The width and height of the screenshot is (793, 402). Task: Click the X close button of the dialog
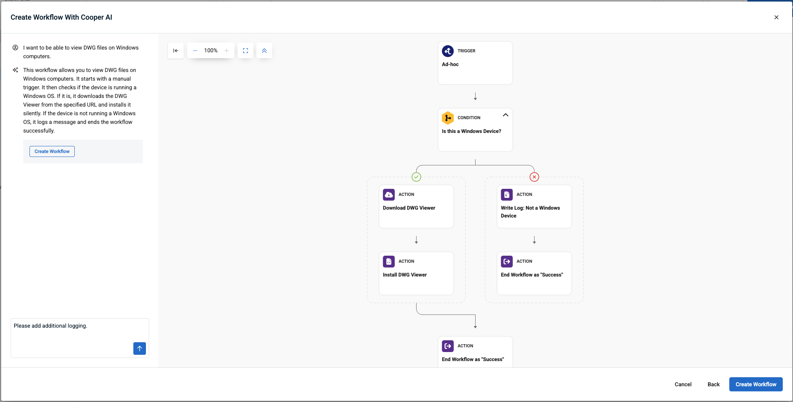click(x=776, y=17)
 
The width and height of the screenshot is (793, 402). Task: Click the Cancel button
click(x=683, y=384)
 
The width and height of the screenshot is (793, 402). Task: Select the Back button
click(x=714, y=384)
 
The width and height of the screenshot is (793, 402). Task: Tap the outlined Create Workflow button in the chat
click(x=52, y=151)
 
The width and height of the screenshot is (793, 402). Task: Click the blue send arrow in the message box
click(x=140, y=349)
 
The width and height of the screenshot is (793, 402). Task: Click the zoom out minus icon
click(x=195, y=51)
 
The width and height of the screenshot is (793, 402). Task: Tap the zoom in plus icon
click(x=227, y=51)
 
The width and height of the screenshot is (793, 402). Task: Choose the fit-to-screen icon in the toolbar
click(x=245, y=51)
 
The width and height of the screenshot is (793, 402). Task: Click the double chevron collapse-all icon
click(x=264, y=51)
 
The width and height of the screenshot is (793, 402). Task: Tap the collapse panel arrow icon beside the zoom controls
click(x=176, y=51)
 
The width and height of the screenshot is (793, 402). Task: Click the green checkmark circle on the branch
click(x=416, y=177)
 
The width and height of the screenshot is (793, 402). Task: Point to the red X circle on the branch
click(x=534, y=177)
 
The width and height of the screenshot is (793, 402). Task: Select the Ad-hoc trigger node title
click(x=450, y=65)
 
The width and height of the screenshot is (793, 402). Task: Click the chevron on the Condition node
click(x=505, y=115)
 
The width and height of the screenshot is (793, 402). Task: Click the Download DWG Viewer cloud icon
click(x=389, y=195)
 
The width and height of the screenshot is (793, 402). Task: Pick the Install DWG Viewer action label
click(x=405, y=275)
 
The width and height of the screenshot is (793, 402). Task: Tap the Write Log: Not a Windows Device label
click(x=530, y=212)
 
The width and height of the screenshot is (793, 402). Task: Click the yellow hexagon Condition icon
click(x=448, y=118)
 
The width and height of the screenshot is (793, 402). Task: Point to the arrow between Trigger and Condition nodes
click(x=475, y=96)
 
